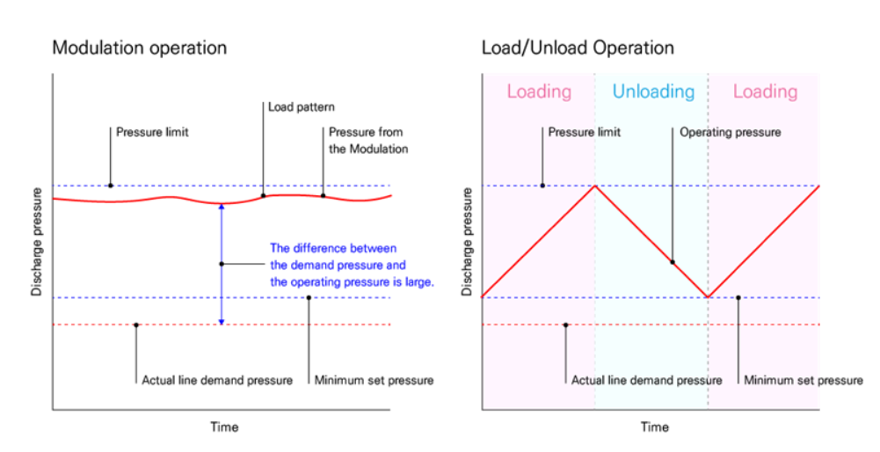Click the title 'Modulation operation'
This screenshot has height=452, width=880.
click(x=139, y=47)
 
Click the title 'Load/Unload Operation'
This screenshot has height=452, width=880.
click(x=578, y=47)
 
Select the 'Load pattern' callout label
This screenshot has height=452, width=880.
click(x=301, y=107)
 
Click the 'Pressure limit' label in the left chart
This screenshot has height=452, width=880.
click(x=152, y=133)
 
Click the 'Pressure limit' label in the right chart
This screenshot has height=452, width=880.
click(x=584, y=133)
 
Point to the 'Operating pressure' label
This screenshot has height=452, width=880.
click(x=730, y=133)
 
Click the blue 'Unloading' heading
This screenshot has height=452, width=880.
click(x=652, y=91)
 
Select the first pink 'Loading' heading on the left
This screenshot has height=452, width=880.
click(x=539, y=91)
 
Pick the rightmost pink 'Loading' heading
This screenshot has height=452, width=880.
click(x=765, y=91)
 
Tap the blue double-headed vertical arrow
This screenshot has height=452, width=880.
click(x=222, y=264)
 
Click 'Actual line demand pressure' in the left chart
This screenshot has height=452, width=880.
click(x=216, y=381)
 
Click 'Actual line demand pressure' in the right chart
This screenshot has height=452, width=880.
click(x=646, y=381)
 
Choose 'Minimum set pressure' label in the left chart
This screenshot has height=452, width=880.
click(x=374, y=381)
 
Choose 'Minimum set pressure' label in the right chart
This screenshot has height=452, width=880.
click(x=803, y=381)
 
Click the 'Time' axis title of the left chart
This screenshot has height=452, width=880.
click(x=223, y=427)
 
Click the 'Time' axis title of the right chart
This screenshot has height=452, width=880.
click(x=653, y=427)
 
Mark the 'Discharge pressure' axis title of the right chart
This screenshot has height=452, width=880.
click(x=468, y=241)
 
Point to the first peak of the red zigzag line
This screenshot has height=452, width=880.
click(x=596, y=186)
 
